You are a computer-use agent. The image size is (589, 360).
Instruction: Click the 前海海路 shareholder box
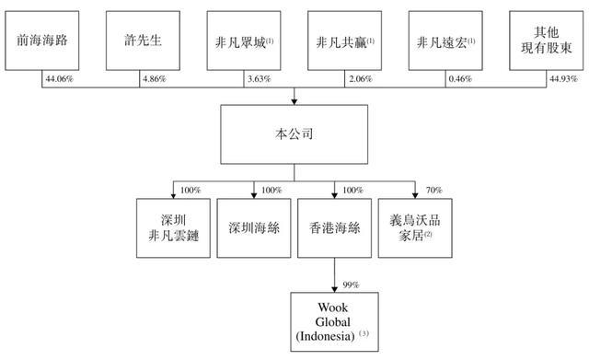pyautogui.click(x=42, y=41)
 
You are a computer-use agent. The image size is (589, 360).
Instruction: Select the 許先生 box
pyautogui.click(x=143, y=41)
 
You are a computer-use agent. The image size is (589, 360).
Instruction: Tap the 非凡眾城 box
pyautogui.click(x=244, y=41)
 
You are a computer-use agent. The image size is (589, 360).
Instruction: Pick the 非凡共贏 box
pyautogui.click(x=344, y=41)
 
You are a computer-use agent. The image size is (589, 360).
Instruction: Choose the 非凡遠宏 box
pyautogui.click(x=445, y=41)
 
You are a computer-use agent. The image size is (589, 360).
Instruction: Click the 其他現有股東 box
pyautogui.click(x=546, y=41)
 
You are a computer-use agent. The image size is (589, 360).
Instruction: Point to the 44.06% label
pyautogui.click(x=59, y=79)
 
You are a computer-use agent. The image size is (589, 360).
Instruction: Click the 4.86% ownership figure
pyautogui.click(x=154, y=79)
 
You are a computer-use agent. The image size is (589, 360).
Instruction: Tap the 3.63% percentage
pyautogui.click(x=259, y=79)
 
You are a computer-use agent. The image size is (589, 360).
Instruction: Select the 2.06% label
pyautogui.click(x=360, y=79)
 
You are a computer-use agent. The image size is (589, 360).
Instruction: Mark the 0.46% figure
pyautogui.click(x=460, y=79)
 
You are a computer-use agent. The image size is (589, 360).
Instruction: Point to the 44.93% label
pyautogui.click(x=563, y=79)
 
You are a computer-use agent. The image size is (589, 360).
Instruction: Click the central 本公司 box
pyautogui.click(x=294, y=134)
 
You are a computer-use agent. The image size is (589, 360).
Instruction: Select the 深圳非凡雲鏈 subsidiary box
pyautogui.click(x=173, y=228)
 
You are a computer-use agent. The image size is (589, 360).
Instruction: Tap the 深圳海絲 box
pyautogui.click(x=254, y=228)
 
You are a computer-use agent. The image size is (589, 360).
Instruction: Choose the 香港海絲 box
pyautogui.click(x=334, y=228)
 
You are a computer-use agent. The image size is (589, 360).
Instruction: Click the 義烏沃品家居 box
pyautogui.click(x=415, y=228)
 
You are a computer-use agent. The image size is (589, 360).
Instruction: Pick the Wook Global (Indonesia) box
pyautogui.click(x=334, y=322)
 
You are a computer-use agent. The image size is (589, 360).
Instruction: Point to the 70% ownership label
pyautogui.click(x=433, y=191)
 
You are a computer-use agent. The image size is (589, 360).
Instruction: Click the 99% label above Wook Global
pyautogui.click(x=351, y=285)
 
